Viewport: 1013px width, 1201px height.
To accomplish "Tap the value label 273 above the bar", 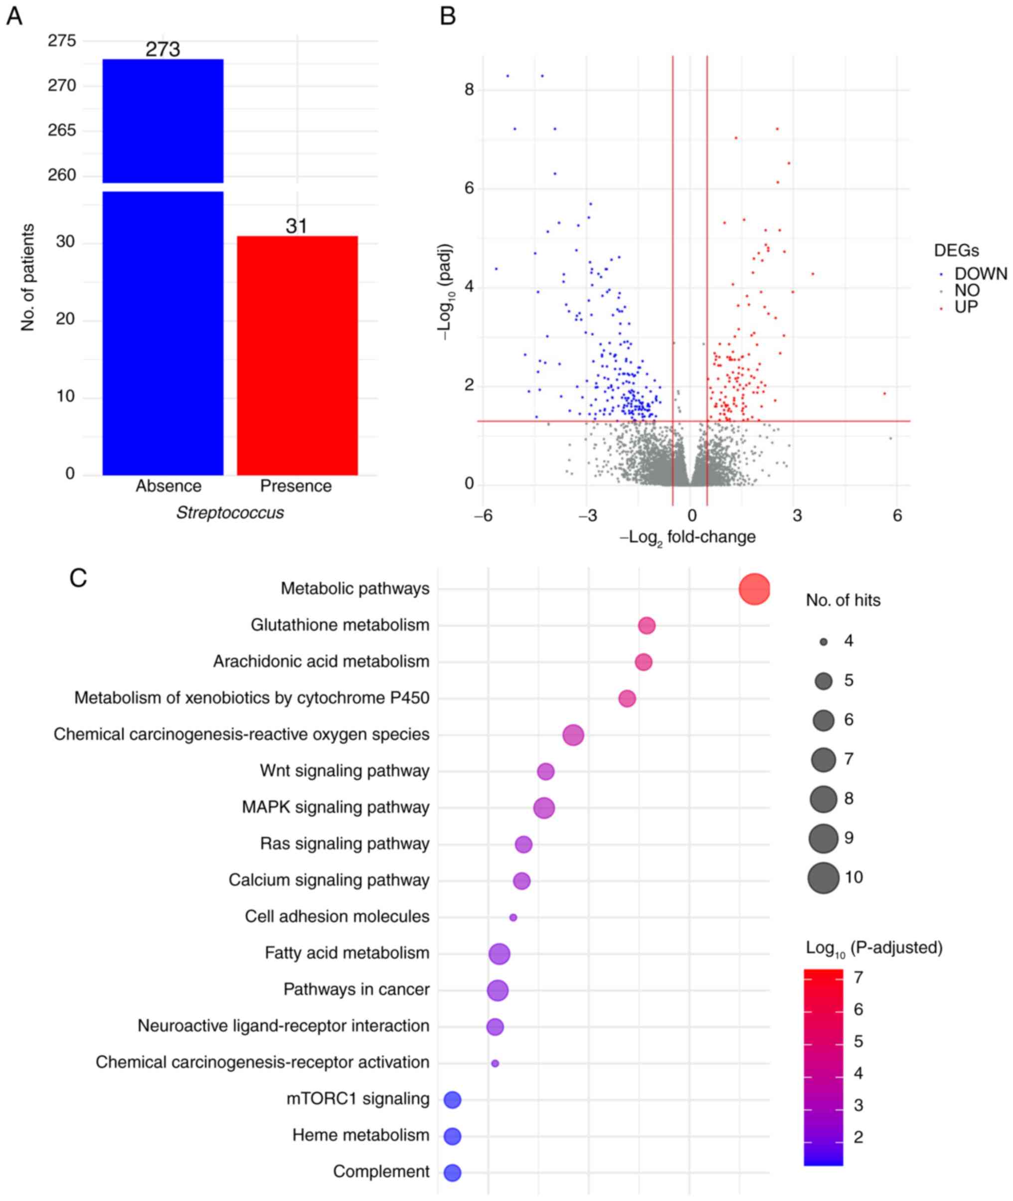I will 163,49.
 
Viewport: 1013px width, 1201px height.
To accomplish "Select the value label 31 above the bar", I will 296,226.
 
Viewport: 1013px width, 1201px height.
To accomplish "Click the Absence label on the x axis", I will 169,486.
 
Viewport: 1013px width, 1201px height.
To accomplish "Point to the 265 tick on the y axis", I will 61,131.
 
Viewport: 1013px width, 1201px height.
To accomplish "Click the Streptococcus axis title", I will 230,513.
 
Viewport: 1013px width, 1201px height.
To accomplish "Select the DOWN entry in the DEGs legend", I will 980,274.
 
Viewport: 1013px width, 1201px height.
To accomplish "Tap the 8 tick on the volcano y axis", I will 469,90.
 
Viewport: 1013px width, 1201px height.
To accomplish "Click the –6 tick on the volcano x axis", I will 483,516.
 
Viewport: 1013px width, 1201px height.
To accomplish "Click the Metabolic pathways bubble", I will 754,589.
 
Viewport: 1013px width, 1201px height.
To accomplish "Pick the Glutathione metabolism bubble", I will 647,626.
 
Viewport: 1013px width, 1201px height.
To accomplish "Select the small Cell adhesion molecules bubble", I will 513,918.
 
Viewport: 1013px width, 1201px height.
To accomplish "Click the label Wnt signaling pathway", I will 344,771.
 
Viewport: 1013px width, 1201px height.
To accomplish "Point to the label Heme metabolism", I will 360,1135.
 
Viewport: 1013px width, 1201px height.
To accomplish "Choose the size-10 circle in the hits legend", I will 824,877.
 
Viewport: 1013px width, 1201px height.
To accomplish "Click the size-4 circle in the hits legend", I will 824,642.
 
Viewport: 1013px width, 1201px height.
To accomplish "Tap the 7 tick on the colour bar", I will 858,978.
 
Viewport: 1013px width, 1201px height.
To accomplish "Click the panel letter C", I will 78,578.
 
